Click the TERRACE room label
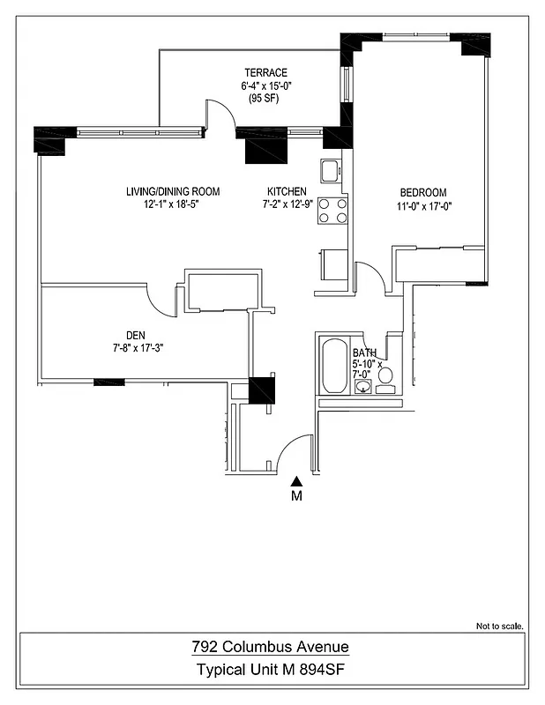[x=265, y=72]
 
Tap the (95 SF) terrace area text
[x=265, y=100]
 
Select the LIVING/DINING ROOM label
[x=171, y=191]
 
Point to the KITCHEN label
[x=287, y=191]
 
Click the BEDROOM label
[x=423, y=193]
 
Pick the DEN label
[x=135, y=334]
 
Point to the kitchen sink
[x=331, y=170]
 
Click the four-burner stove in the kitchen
[x=332, y=211]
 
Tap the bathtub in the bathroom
[x=333, y=367]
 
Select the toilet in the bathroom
[x=385, y=376]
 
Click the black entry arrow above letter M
[x=297, y=480]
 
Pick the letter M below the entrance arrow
[x=297, y=496]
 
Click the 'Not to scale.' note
[x=500, y=627]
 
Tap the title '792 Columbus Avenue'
[x=272, y=648]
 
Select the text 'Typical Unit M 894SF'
[x=272, y=670]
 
